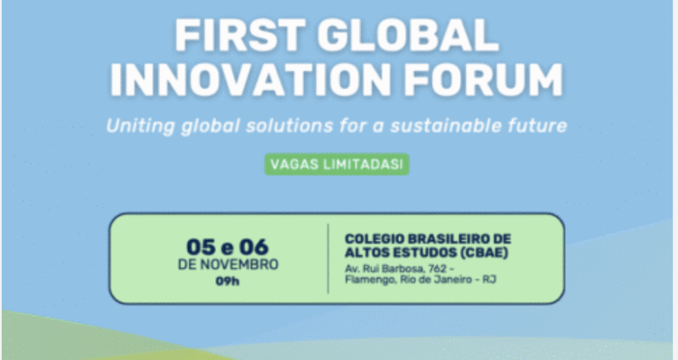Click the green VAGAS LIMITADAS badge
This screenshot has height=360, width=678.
tap(338, 165)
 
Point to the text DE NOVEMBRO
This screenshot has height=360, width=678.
tap(228, 264)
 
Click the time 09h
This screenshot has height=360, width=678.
tap(227, 281)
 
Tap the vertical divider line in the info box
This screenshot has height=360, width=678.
tap(328, 259)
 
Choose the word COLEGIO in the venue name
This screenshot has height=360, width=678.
tap(371, 238)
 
